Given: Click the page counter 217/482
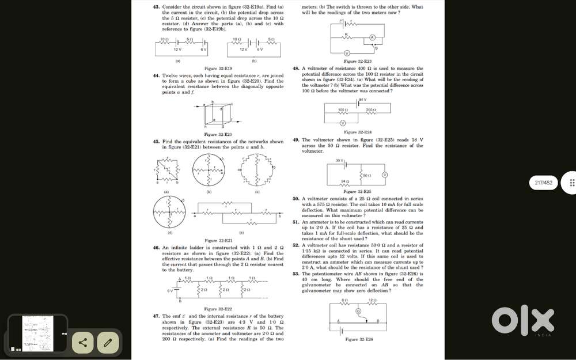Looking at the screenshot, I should pos(544,183).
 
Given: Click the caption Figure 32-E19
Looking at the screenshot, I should pos(218,68).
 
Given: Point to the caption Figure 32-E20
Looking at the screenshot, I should pos(218,134).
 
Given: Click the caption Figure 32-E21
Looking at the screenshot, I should pos(218,240).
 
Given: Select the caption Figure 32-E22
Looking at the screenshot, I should pos(218,309).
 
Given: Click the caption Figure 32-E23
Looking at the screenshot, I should pos(358,61).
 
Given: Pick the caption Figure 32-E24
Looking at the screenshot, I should pos(358,132).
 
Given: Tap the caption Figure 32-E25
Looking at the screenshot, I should pos(358,191).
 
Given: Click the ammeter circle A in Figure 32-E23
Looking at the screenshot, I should pos(373,37).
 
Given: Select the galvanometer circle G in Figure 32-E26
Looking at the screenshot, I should pos(358,312).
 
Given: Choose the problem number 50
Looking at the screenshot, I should pos(295,198).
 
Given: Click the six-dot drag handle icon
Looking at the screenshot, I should pos(572,183).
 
